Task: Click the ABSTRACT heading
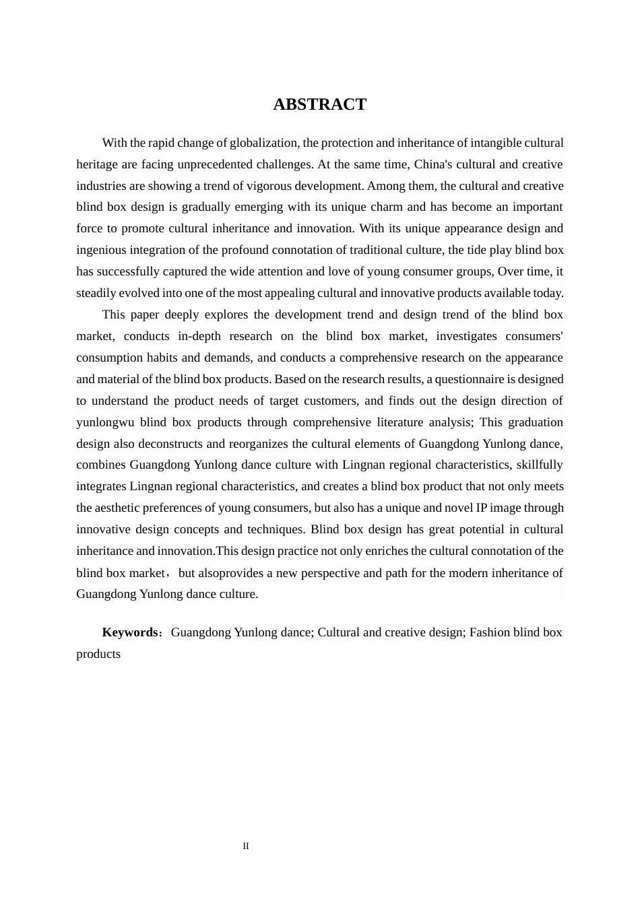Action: [319, 104]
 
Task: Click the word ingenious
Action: [101, 250]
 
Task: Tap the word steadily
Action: [96, 293]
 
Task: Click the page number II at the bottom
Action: [246, 846]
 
